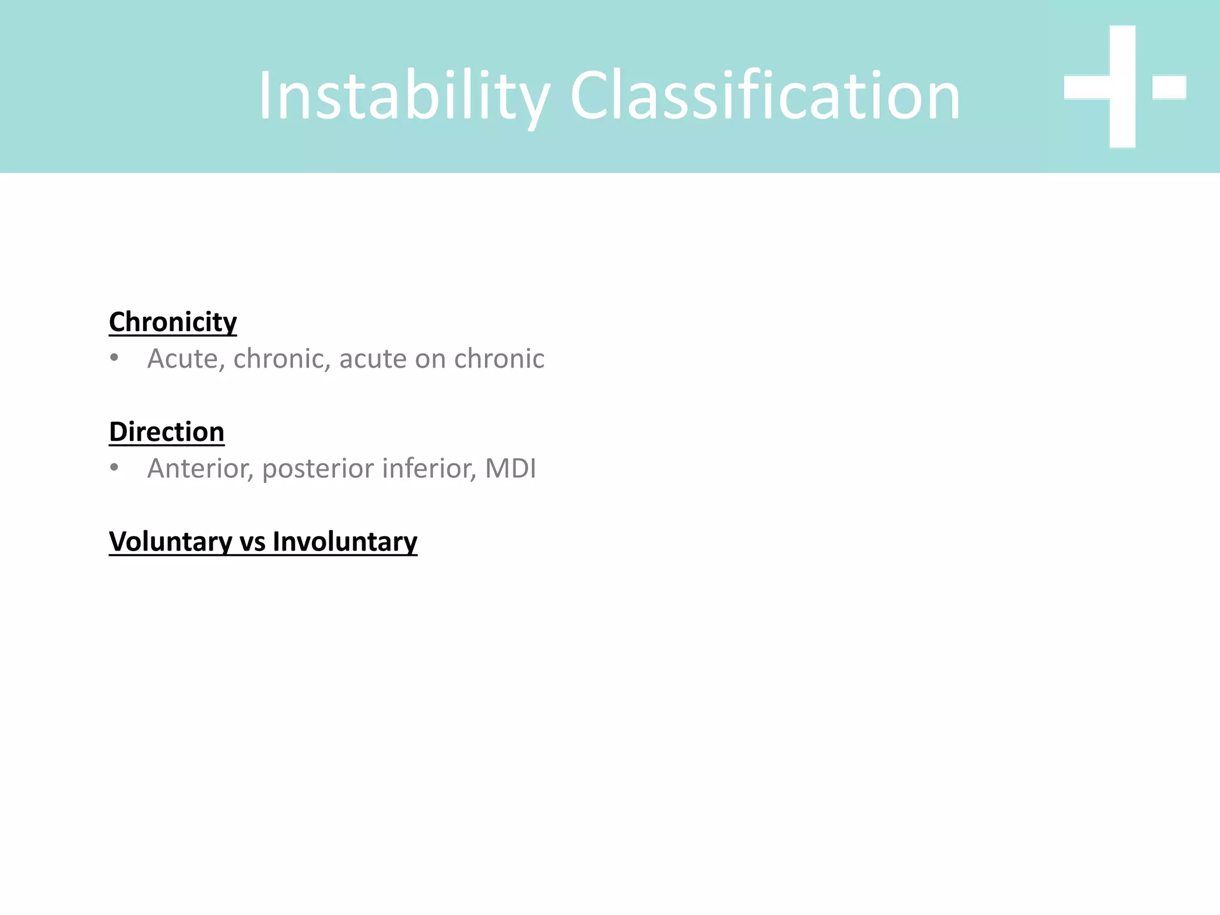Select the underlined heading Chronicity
(x=173, y=322)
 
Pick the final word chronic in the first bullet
(x=499, y=359)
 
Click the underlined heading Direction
(x=167, y=432)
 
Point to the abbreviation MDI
(x=511, y=468)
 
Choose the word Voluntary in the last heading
(x=170, y=542)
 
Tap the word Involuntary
(x=345, y=542)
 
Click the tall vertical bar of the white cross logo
(x=1122, y=87)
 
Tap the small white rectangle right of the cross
(x=1169, y=87)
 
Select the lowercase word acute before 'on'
(x=373, y=359)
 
